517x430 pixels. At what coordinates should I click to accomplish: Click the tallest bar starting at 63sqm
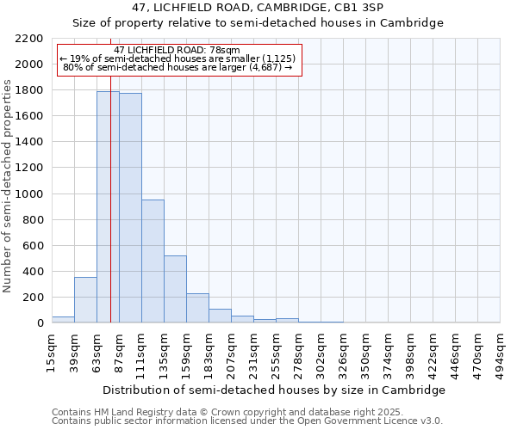108,206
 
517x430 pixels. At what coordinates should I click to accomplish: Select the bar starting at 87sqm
130,207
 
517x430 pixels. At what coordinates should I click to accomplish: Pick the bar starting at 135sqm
175,289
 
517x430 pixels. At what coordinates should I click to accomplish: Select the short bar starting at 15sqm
63,319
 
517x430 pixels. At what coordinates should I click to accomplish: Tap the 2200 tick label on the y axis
29,39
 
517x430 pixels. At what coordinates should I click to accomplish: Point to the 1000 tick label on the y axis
29,194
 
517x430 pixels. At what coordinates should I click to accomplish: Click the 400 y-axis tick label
33,272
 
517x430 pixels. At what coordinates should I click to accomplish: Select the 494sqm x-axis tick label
501,352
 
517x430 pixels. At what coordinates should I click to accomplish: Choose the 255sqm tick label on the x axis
277,352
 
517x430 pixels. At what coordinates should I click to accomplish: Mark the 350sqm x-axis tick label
366,352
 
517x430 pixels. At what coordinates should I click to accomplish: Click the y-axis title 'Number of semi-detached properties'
8,186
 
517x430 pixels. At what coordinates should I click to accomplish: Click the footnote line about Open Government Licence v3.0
247,421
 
